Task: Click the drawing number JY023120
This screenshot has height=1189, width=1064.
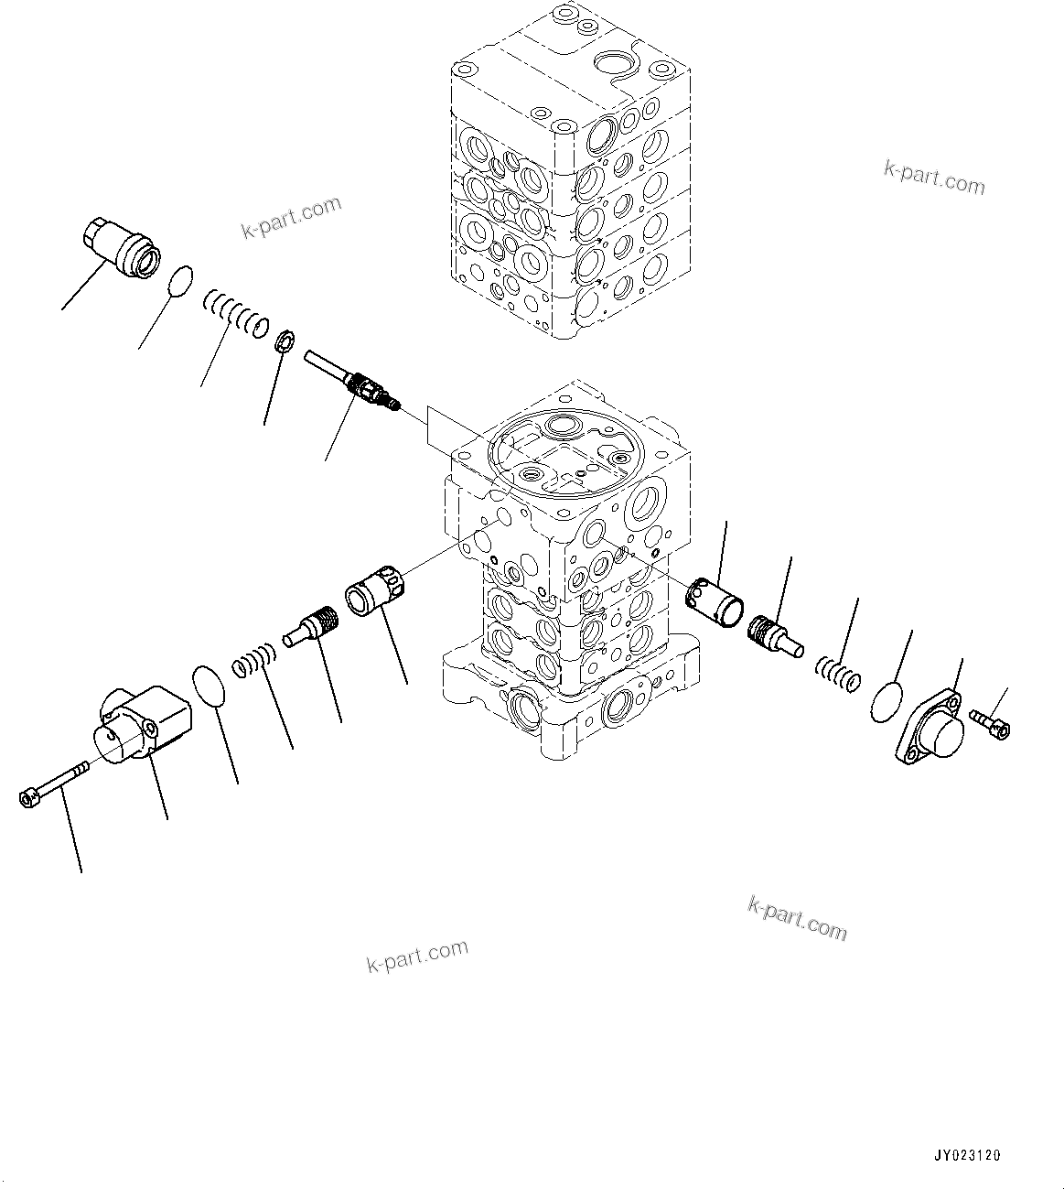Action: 968,1156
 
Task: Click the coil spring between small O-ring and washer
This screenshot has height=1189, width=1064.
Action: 234,309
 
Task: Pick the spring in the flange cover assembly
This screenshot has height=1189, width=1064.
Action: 837,676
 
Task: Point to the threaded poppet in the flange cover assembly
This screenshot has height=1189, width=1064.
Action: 773,634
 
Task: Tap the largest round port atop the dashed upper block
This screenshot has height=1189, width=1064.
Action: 611,64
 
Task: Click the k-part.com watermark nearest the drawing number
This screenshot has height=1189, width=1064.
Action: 797,917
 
